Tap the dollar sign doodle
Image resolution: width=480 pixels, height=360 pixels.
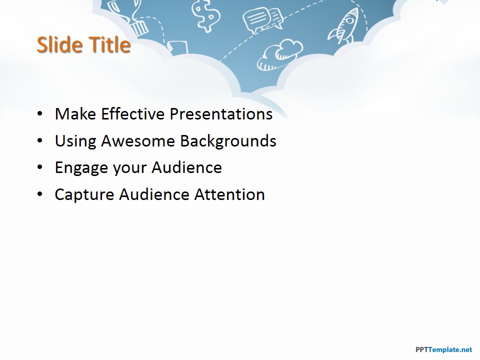(x=205, y=15)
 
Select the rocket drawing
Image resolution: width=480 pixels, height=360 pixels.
(x=344, y=26)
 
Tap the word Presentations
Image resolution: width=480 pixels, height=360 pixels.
(x=221, y=114)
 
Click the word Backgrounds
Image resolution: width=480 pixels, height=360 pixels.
(x=228, y=141)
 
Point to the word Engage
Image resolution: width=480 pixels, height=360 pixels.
(x=81, y=168)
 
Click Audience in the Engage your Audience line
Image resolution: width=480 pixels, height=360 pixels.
(x=186, y=167)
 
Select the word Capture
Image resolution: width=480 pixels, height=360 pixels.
(x=84, y=195)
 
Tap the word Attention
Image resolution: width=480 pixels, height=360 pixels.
(x=229, y=194)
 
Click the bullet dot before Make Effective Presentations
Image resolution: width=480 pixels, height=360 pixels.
(x=40, y=114)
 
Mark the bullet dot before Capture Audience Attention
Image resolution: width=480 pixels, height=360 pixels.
(x=40, y=194)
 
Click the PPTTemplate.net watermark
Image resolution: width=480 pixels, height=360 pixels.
(x=444, y=349)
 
